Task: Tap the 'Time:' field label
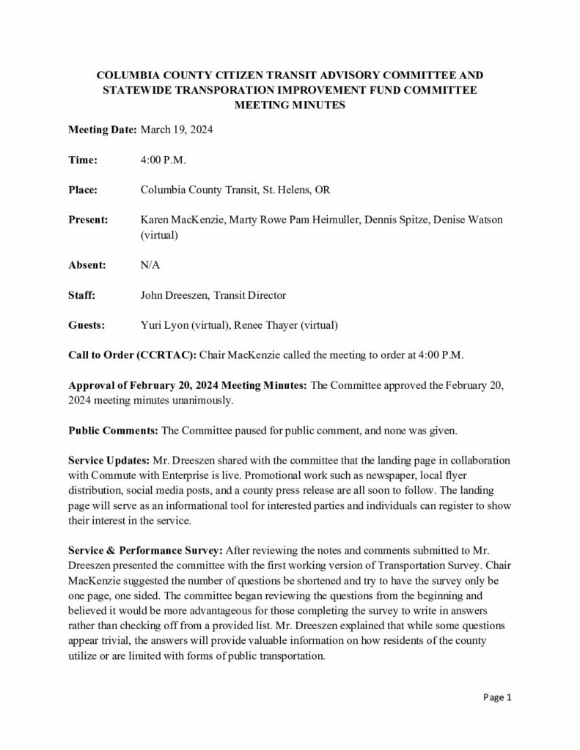tap(82, 160)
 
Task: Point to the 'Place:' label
tap(83, 190)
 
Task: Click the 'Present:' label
tap(88, 220)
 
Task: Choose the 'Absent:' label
tap(87, 265)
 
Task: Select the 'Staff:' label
tap(81, 295)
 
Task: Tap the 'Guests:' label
tap(87, 325)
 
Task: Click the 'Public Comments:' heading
tap(112, 431)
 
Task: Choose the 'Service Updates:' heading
tap(108, 461)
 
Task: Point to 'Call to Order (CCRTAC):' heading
tap(132, 355)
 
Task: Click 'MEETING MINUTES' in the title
tap(290, 105)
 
